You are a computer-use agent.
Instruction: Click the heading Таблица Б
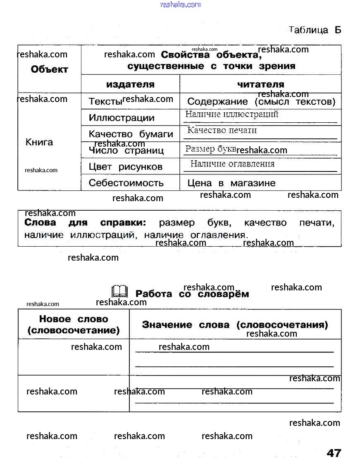315,30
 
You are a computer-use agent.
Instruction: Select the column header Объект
49,69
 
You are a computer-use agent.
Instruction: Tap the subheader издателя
130,84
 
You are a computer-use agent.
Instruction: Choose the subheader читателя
260,84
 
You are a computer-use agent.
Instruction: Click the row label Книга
39,142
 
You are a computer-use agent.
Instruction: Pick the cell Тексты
105,101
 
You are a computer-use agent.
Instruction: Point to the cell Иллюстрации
122,118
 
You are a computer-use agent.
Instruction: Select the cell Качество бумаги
131,134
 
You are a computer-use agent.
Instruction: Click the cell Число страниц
126,150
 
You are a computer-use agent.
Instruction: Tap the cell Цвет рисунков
126,167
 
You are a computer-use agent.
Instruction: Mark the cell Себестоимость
126,183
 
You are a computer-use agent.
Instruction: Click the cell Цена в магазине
231,183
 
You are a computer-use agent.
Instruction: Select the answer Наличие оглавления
232,164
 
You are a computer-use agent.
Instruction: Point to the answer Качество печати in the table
222,131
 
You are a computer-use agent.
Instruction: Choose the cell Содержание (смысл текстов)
261,101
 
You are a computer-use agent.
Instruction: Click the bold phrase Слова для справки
85,223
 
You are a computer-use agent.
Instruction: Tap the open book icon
120,292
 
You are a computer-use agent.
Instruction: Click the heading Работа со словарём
192,294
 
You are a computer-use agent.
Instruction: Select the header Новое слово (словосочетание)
74,325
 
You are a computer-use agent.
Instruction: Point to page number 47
334,453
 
